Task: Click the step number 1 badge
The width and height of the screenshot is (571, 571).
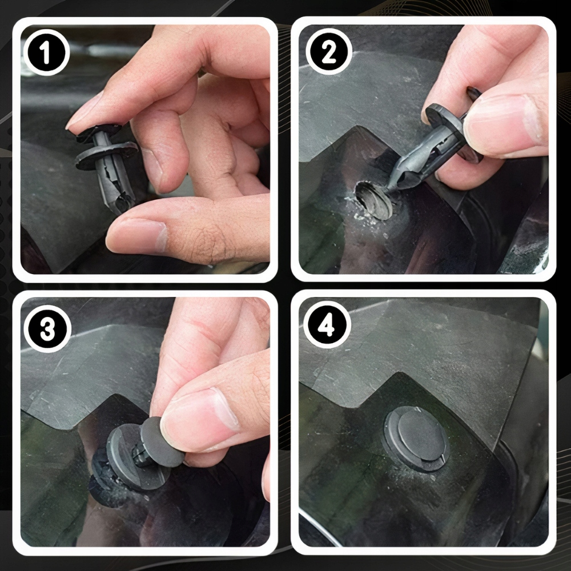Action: (46, 53)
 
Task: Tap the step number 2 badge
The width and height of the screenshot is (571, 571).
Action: (328, 51)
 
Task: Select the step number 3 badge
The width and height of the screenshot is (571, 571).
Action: (47, 329)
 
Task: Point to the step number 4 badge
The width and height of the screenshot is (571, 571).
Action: (326, 325)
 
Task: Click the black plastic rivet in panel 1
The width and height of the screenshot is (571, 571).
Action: (107, 164)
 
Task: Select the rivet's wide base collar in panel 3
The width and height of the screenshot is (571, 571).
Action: (135, 457)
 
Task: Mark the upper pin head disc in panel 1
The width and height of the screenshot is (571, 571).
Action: (99, 132)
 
